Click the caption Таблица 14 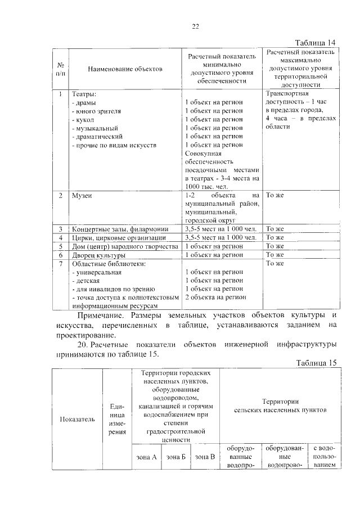click(x=316, y=43)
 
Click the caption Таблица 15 click(x=316, y=363)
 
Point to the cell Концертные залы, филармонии click(x=119, y=229)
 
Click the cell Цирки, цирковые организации click(x=118, y=238)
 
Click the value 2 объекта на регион click(x=215, y=297)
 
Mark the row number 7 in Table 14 click(x=60, y=263)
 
